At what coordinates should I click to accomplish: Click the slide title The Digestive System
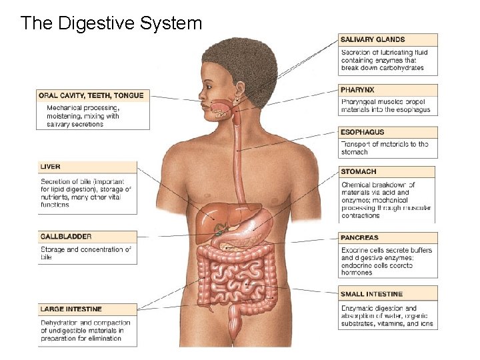(x=111, y=23)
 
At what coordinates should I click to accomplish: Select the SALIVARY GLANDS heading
(x=373, y=40)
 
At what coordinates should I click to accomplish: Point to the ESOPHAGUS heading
(x=363, y=132)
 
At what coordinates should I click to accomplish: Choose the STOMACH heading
(x=359, y=172)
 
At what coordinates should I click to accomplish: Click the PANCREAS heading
(x=359, y=237)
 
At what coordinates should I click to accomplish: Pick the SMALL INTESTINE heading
(x=372, y=294)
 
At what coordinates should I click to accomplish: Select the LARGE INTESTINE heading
(x=71, y=309)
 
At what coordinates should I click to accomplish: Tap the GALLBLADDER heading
(x=66, y=237)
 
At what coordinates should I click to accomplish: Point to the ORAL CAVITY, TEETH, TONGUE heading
(x=91, y=95)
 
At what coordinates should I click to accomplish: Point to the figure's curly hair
(x=240, y=60)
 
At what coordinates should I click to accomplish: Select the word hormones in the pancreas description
(x=357, y=273)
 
